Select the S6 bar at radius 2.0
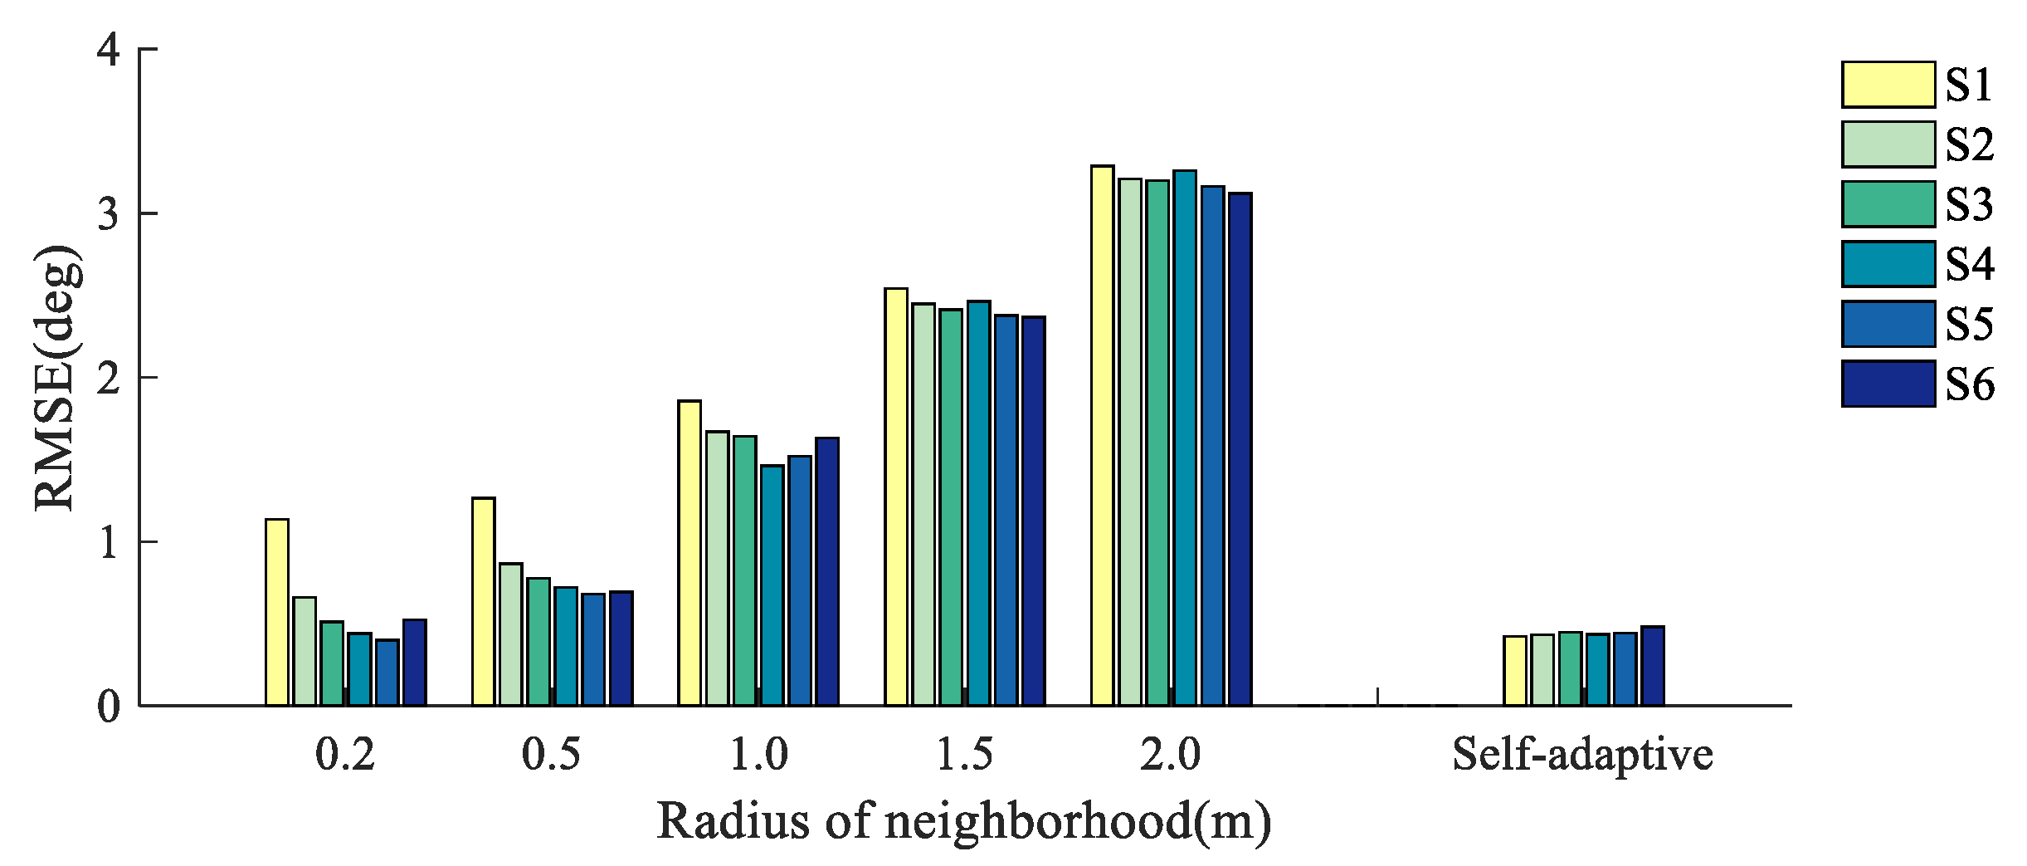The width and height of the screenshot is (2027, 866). pos(1240,449)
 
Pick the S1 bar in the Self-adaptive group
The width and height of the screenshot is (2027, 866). pos(1515,671)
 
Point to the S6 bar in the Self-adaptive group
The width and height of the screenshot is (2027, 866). pos(1653,666)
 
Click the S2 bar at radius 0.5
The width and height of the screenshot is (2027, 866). pos(511,635)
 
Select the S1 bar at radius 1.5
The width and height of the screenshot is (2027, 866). pos(896,497)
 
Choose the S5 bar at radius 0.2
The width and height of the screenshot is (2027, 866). pos(387,673)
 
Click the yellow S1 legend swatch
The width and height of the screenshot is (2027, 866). pos(1888,85)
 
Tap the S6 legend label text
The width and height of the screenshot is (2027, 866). pos(1970,384)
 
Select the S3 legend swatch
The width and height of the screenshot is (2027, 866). pos(1888,204)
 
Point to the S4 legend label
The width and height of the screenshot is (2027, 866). pos(1970,265)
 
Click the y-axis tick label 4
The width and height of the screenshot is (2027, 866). pos(109,51)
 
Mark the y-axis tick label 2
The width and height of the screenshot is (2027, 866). pos(109,379)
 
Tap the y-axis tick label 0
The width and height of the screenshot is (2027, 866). pos(109,707)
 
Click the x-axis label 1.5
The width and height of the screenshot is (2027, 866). pos(964,755)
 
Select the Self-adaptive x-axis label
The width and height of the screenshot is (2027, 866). pos(1582,755)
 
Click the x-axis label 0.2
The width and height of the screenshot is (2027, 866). pos(345,755)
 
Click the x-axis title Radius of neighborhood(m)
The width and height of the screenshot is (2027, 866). pos(964,821)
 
